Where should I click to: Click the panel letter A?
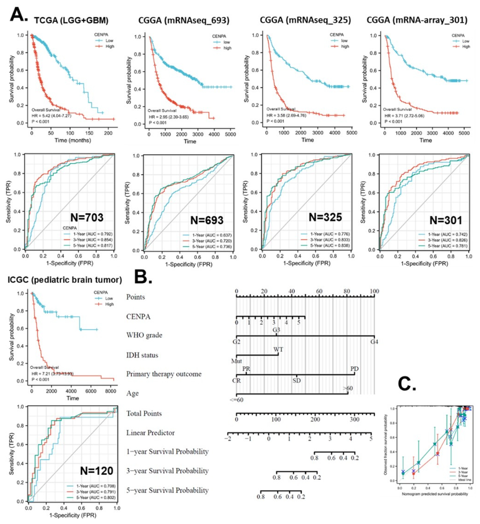(x=18, y=15)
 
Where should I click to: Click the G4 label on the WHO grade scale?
(x=374, y=342)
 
